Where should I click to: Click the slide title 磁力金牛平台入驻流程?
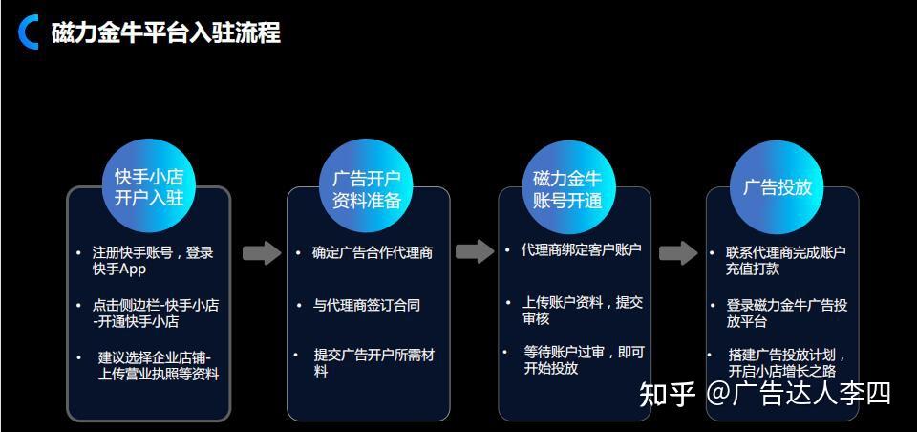point(165,32)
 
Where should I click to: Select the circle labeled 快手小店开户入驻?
point(148,187)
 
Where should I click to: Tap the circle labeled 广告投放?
point(777,187)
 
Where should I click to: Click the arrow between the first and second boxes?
point(261,253)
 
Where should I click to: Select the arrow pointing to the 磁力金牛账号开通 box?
point(474,252)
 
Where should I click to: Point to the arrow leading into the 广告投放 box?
point(678,253)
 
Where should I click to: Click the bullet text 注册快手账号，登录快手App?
point(153,261)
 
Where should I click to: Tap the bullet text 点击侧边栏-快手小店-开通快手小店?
point(156,313)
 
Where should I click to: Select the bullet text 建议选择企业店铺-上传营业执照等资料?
point(159,366)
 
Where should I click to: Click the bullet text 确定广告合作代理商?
point(372,253)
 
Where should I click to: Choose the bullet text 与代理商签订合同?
point(367,306)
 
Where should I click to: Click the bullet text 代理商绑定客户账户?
point(581,250)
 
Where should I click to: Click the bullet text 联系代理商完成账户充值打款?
point(786,261)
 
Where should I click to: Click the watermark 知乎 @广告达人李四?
point(765,393)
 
